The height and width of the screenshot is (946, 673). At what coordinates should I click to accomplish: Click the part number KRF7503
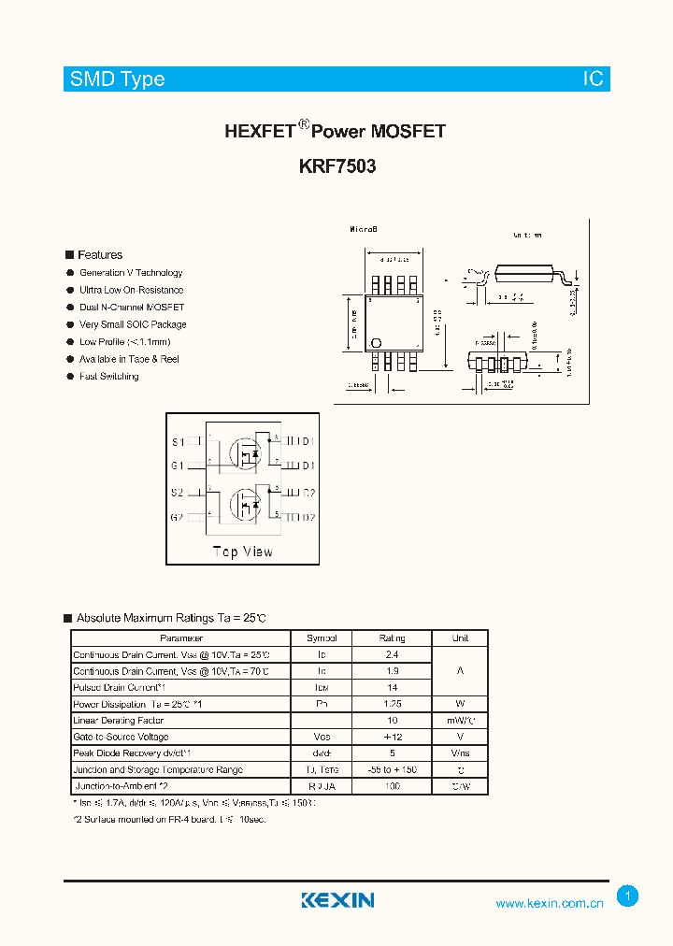tap(337, 167)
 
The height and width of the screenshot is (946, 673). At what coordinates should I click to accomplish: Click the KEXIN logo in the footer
tap(337, 900)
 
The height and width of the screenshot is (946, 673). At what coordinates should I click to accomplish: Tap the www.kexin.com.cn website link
tap(549, 903)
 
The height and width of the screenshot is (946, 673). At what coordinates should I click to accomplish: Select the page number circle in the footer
tap(628, 896)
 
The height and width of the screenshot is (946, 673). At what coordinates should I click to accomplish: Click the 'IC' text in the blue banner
tap(594, 79)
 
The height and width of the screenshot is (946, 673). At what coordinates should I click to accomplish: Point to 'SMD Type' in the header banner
tap(118, 79)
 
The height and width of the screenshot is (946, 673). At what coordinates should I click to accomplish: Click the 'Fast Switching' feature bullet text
tap(108, 376)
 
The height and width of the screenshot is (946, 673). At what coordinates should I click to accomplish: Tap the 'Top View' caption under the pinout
tap(243, 552)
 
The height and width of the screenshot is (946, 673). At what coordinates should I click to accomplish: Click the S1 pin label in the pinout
tap(178, 442)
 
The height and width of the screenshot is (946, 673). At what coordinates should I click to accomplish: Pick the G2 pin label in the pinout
tap(178, 517)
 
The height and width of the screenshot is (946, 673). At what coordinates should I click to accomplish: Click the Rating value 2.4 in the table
tap(393, 655)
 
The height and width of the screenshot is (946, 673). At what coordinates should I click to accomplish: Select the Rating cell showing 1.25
tap(393, 704)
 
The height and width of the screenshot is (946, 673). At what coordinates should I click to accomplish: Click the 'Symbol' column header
tap(322, 638)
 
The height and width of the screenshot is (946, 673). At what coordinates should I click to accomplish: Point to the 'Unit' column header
tap(460, 638)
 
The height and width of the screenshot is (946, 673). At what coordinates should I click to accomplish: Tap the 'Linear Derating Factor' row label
tap(119, 721)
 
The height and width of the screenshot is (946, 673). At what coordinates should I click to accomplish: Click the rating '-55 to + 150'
tap(393, 770)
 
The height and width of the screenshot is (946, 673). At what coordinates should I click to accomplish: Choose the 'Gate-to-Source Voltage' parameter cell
tap(121, 738)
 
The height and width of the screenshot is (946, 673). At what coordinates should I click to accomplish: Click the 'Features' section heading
tap(100, 254)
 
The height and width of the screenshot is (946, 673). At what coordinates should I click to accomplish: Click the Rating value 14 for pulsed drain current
tap(393, 688)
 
